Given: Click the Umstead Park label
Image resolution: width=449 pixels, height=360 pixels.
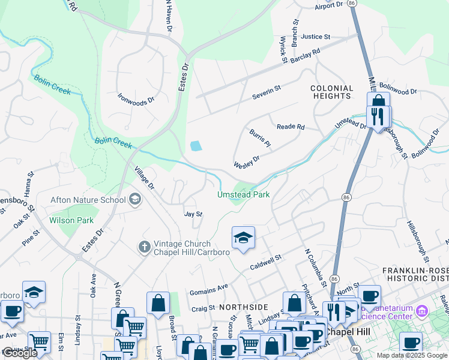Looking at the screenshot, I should [243, 195].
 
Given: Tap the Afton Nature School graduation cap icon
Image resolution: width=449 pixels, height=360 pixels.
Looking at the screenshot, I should [135, 200].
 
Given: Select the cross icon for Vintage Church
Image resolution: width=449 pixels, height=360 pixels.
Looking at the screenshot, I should [144, 247].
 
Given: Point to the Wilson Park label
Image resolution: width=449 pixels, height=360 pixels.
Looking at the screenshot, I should [72, 220].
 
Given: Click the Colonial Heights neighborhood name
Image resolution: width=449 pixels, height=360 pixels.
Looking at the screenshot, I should [331, 92].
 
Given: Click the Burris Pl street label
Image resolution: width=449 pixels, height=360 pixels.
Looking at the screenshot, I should [261, 140].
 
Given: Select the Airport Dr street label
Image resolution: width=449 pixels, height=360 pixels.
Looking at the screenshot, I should [328, 5].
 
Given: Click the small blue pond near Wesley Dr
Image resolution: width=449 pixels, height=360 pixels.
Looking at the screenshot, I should [196, 146].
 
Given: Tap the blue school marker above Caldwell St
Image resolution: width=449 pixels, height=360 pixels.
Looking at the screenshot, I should [243, 238].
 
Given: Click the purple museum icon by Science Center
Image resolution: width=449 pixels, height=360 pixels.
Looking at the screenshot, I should [420, 311].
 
